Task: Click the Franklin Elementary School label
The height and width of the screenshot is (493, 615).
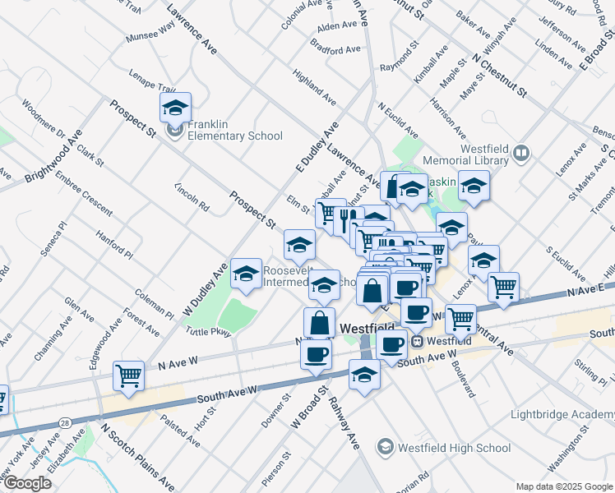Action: tap(234, 131)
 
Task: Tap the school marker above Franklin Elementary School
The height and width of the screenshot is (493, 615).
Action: tap(174, 107)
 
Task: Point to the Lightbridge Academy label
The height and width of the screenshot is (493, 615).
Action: tap(562, 414)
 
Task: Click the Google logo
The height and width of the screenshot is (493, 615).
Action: tap(27, 482)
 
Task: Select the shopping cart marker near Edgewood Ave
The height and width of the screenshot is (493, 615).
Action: tap(128, 376)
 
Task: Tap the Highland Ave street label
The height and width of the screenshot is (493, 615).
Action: tap(313, 86)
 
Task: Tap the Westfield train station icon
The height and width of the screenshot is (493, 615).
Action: tap(418, 340)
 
